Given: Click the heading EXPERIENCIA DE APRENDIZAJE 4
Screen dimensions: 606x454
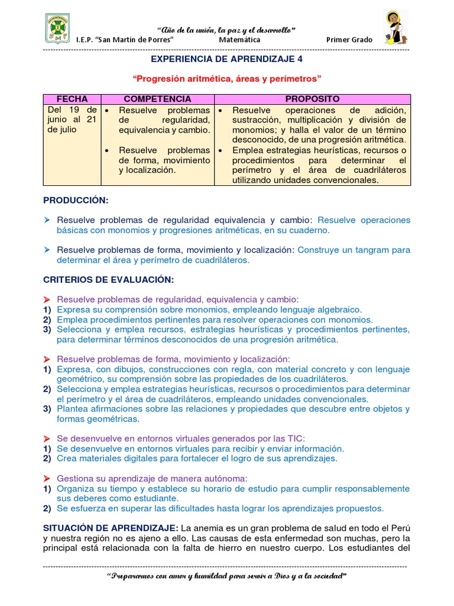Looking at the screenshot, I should point(226,59).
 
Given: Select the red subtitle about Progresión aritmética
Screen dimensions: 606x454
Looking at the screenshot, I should point(226,78).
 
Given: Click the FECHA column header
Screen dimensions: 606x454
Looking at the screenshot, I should point(72,99).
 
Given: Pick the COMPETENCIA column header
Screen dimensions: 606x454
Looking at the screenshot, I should point(157,99).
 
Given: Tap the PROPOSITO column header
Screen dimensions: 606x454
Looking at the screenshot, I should point(312,99).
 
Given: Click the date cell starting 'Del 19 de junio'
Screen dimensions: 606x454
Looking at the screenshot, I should point(72,120).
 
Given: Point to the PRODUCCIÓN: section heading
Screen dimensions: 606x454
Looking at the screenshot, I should point(76,201).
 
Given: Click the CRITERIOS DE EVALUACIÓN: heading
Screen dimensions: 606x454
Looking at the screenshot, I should point(109,279).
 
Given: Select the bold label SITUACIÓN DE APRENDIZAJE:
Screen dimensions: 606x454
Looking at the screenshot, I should point(111,527).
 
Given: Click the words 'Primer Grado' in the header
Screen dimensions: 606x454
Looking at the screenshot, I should point(349,40).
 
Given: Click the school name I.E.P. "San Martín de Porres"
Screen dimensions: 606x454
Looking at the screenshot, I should point(125,40).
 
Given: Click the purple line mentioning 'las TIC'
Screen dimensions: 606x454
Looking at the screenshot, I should point(180,439).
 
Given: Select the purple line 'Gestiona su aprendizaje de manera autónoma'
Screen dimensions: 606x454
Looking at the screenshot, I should point(152,478).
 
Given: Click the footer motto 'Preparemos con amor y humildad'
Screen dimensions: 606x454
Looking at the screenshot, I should point(226,576).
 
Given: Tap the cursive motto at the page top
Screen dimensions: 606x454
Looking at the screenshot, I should point(226,30).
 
